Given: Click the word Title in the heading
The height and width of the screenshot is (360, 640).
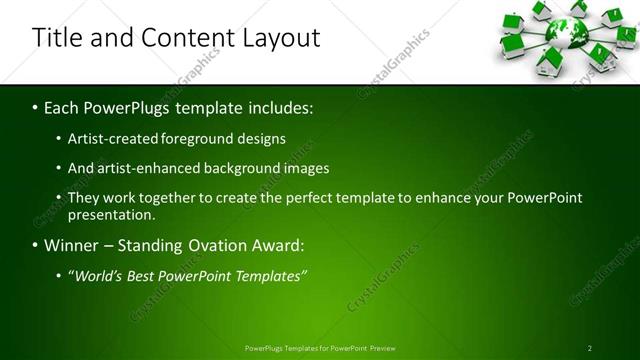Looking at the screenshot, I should (57, 39).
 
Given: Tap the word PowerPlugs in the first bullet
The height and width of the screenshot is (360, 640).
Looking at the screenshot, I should (134, 106).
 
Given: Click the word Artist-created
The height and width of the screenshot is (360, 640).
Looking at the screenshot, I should (112, 138).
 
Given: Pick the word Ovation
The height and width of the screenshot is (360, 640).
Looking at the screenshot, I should (229, 245).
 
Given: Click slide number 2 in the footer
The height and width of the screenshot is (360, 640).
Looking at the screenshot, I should (590, 348).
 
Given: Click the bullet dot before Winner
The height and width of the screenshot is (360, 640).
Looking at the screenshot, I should (35, 246).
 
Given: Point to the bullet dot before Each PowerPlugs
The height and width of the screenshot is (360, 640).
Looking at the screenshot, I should (35, 107).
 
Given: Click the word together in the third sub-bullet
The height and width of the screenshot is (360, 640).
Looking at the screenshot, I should (171, 198).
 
